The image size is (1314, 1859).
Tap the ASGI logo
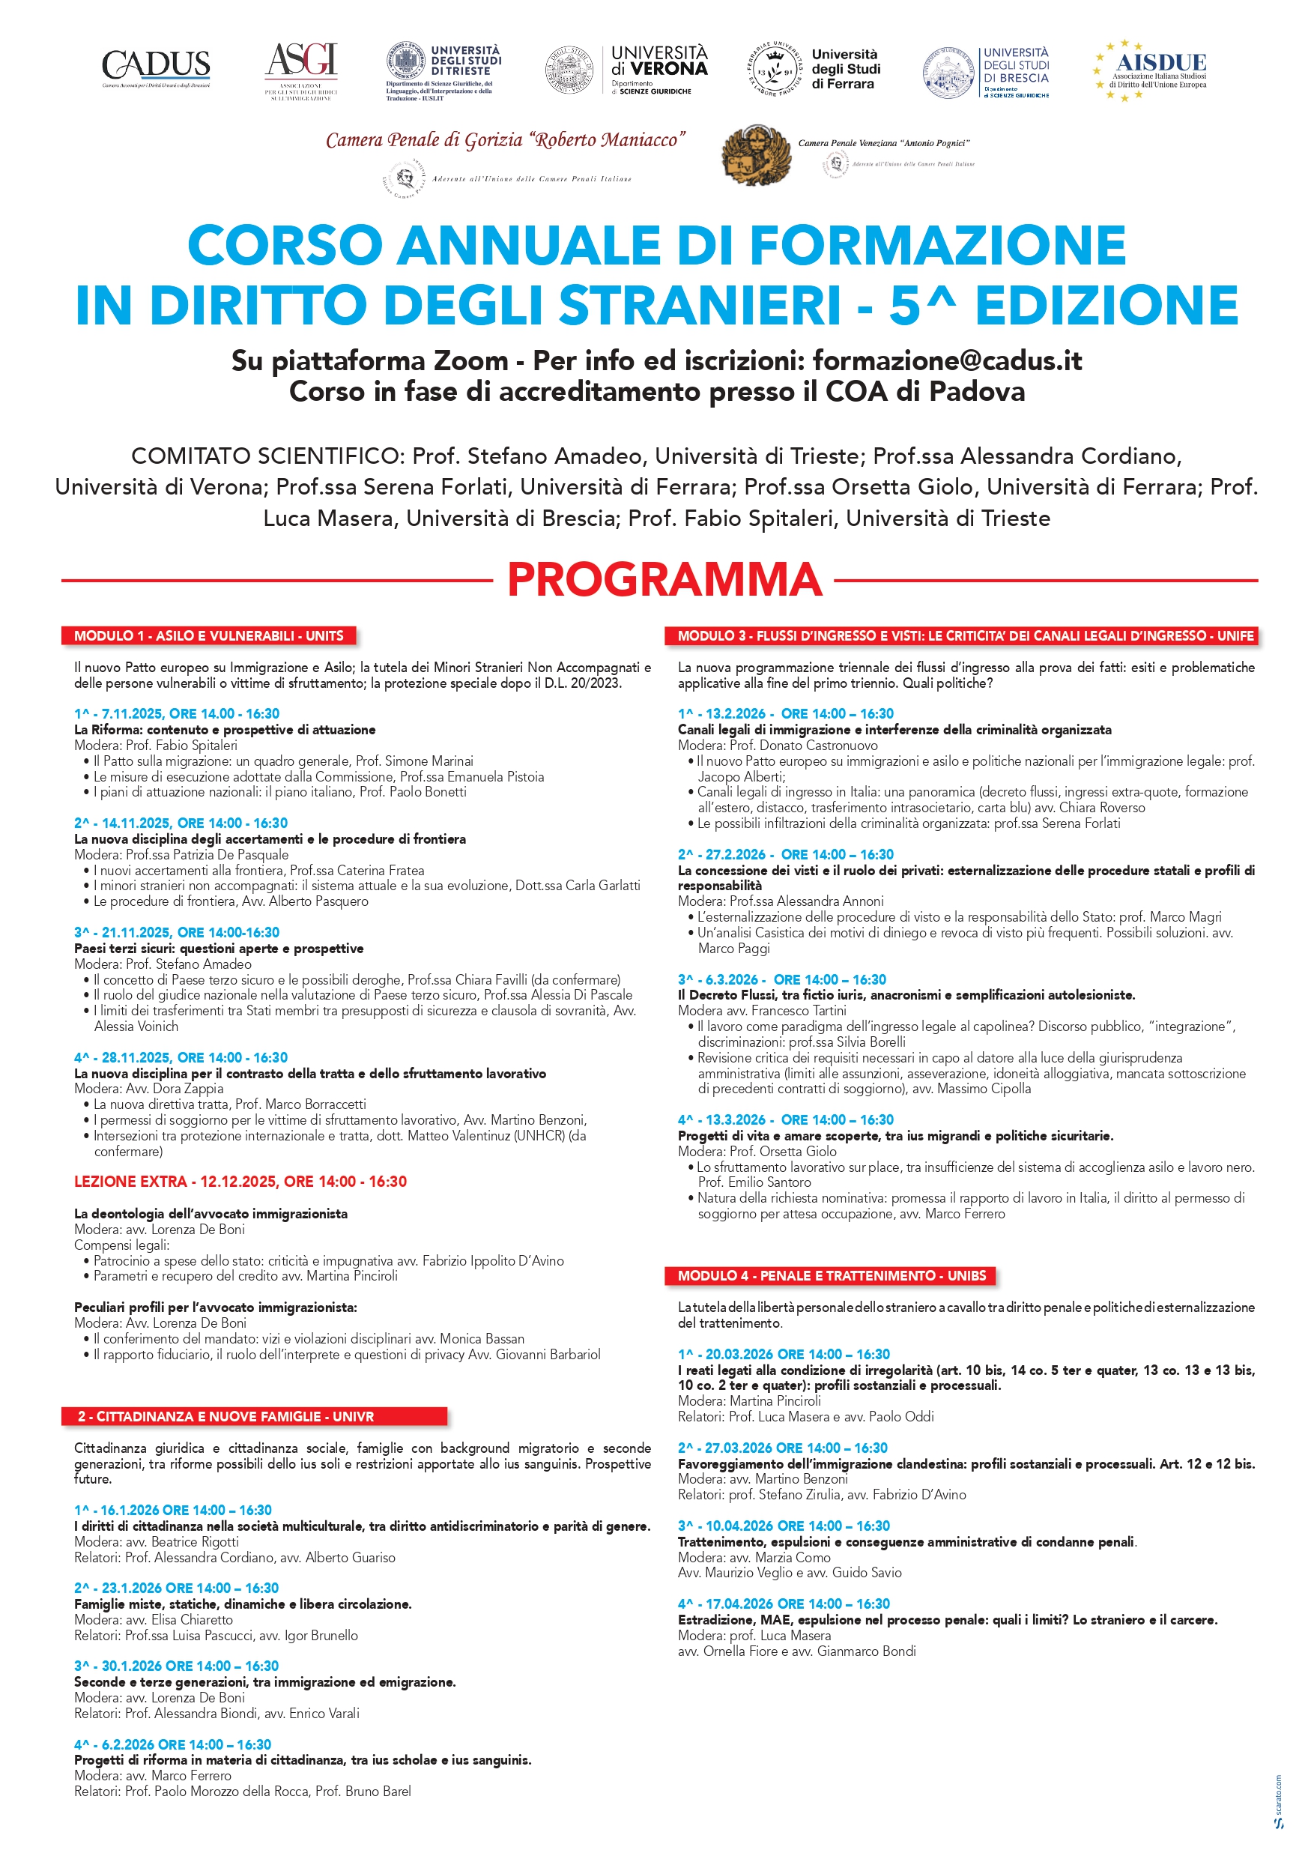(x=301, y=70)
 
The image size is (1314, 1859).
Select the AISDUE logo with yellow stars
(x=1151, y=70)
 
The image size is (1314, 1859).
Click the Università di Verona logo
(x=626, y=70)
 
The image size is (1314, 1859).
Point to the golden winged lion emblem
(x=755, y=154)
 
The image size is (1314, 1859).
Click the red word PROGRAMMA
(x=664, y=580)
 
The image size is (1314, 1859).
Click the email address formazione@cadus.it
(x=946, y=360)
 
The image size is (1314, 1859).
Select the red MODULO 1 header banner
(x=208, y=635)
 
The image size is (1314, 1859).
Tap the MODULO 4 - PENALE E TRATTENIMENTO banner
(x=832, y=1275)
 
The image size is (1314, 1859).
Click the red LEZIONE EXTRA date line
(x=240, y=1182)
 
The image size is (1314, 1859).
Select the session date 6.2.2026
(x=127, y=1744)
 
